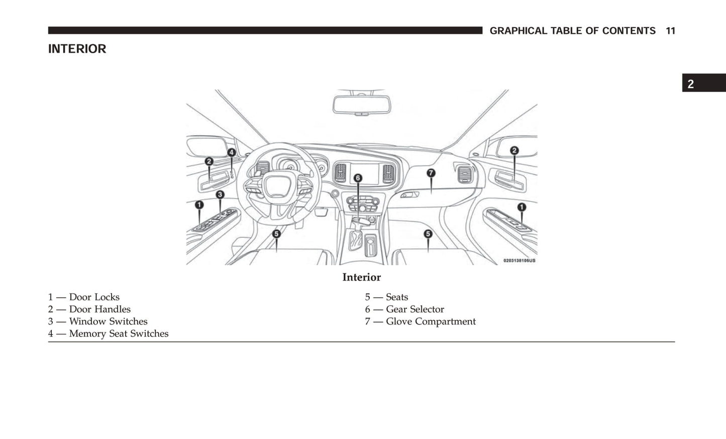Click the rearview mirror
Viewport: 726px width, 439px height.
coord(362,104)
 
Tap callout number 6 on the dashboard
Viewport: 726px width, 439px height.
coord(358,178)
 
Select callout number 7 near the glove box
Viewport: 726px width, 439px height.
coord(431,173)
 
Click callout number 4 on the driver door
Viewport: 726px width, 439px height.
coord(232,152)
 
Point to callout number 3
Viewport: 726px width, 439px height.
coord(220,194)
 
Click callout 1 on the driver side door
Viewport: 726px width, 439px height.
coord(199,205)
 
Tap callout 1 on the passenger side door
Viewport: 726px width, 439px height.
coord(522,207)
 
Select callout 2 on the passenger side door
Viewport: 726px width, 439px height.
coord(514,150)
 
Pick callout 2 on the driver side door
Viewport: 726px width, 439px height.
coord(209,161)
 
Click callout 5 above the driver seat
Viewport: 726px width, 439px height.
coord(276,234)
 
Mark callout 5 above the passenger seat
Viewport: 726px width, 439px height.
coord(428,234)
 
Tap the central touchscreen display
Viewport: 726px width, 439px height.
coord(364,174)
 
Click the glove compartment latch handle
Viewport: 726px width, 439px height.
coord(409,195)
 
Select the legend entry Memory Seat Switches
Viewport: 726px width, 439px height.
coord(108,334)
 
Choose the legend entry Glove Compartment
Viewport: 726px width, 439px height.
coord(421,321)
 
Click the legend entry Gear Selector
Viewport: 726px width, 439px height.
coord(404,309)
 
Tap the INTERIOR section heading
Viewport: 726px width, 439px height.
coord(77,49)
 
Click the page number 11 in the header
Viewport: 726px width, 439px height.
coord(670,31)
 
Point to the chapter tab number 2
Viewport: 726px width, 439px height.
coord(691,84)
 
